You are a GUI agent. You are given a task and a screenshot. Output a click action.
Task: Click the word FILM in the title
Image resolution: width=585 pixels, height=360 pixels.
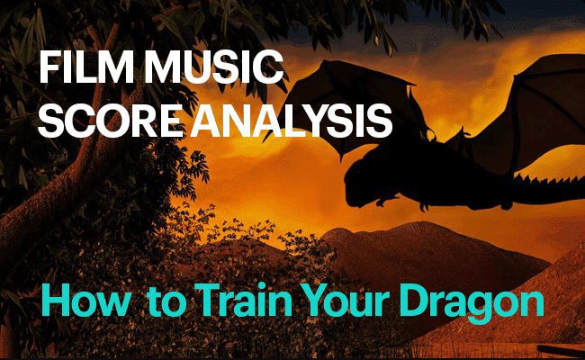(86, 67)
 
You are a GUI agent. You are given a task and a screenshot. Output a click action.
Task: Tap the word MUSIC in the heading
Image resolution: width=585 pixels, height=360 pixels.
(214, 67)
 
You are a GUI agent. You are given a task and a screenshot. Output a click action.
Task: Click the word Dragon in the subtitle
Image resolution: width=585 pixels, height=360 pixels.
(473, 302)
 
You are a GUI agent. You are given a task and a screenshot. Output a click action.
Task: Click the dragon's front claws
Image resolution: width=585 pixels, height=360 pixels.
(384, 201)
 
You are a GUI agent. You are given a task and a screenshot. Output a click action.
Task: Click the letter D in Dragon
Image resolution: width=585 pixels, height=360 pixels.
(418, 301)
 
